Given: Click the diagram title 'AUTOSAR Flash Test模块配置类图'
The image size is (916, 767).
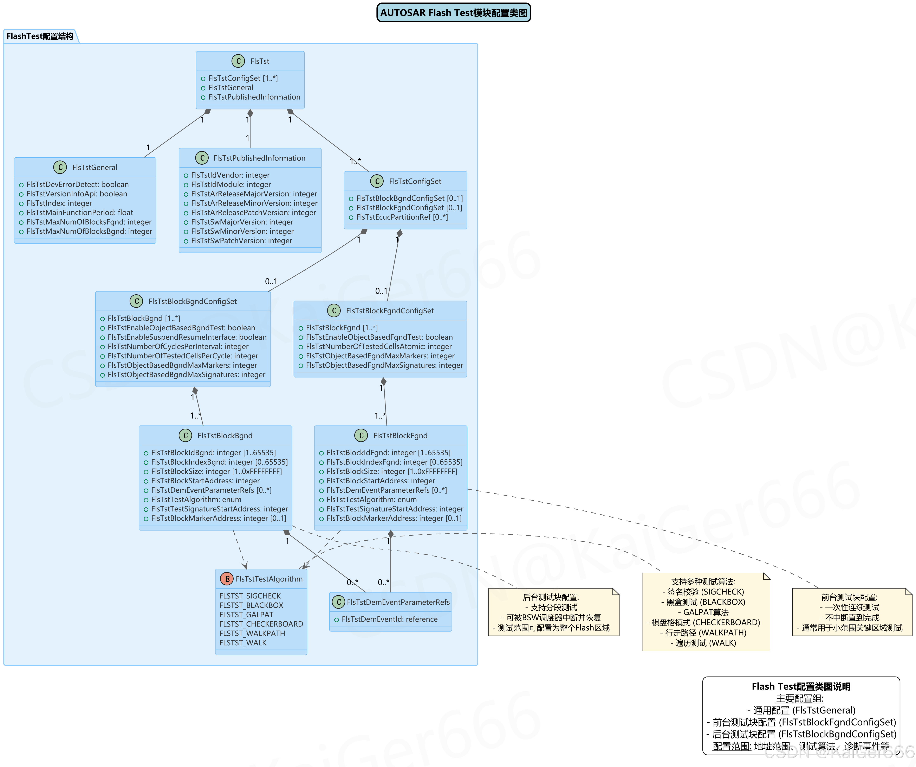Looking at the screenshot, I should (454, 13).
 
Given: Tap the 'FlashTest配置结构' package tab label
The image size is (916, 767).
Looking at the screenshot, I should (40, 36).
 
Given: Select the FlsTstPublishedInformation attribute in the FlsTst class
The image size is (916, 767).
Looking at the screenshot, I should (254, 97).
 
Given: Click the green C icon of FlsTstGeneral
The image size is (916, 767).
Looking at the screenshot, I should (60, 167).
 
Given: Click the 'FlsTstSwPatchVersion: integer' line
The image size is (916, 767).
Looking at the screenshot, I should (241, 240).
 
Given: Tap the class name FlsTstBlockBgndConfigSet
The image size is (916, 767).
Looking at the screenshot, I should (192, 301).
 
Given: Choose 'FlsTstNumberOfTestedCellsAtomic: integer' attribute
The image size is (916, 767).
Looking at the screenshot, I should (379, 347).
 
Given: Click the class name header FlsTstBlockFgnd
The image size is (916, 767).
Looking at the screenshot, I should (400, 436).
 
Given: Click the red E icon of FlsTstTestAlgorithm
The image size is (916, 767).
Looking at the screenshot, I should (226, 579).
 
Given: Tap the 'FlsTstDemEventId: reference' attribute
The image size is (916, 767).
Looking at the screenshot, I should (389, 619).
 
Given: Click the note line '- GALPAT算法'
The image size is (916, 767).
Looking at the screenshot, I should (705, 612).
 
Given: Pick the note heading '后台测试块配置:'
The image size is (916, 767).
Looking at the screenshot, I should (551, 597).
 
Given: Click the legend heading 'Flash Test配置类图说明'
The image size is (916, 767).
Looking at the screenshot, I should (801, 686).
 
